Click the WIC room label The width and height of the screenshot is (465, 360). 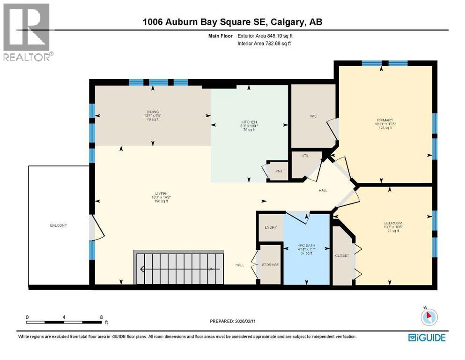(314, 116)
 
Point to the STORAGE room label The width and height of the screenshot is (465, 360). (270, 265)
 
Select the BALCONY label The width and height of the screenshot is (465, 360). (59, 225)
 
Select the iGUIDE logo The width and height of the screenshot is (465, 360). (427, 337)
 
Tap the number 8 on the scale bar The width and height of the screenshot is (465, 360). (102, 317)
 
